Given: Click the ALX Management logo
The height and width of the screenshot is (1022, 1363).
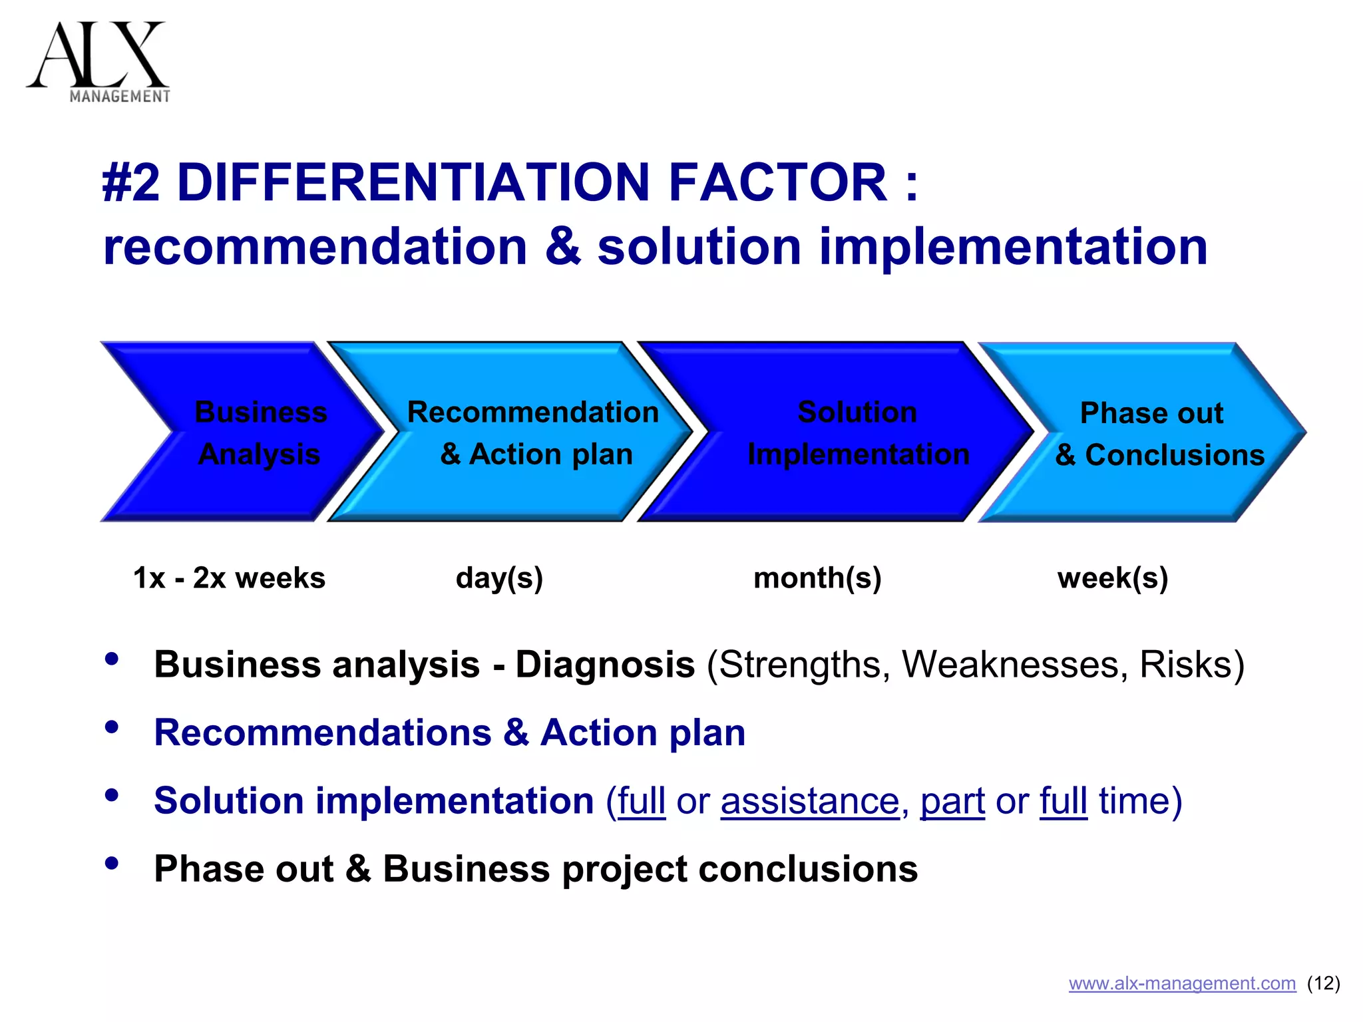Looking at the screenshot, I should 98,62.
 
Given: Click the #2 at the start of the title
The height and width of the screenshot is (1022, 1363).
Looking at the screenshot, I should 131,182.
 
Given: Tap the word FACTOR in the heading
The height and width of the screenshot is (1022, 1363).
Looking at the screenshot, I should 777,182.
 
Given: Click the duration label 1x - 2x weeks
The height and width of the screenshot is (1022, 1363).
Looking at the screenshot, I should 229,578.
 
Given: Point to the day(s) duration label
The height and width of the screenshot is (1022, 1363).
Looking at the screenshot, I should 499,578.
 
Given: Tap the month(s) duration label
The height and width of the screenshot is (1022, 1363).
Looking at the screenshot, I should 817,578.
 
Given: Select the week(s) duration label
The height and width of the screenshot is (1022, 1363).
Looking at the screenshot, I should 1113,578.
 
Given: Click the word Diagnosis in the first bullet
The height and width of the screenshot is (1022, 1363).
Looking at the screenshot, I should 604,665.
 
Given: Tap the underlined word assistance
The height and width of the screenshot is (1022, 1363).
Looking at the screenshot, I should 810,800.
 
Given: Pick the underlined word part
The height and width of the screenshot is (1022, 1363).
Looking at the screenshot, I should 952,800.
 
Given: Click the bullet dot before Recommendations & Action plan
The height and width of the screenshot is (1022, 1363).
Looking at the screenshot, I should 112,727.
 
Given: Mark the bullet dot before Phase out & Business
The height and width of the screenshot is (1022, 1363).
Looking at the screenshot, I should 112,863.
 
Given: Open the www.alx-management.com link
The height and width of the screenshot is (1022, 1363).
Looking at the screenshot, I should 1182,983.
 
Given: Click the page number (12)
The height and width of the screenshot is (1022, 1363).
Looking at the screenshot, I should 1324,983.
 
